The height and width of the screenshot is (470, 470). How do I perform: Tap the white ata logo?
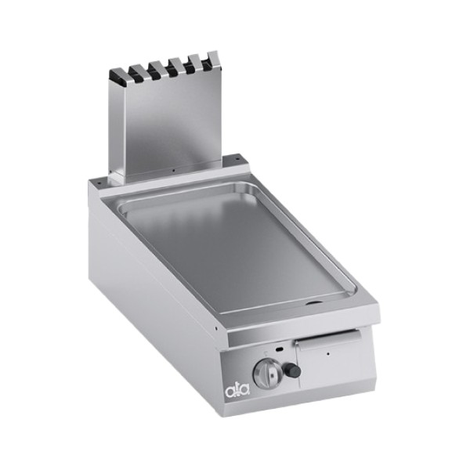237,390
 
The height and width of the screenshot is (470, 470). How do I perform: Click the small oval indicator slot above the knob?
280,349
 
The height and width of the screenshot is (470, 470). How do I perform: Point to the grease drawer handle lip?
328,342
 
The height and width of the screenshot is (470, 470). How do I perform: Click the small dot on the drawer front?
328,354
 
